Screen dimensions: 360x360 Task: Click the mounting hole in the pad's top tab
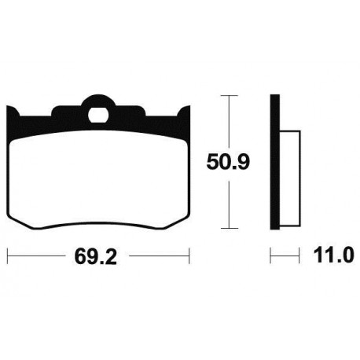[x=98, y=112]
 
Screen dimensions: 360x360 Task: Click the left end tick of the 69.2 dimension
[x=7, y=255]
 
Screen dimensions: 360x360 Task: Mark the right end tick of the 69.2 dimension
[x=189, y=255]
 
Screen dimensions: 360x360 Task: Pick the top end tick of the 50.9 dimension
[x=227, y=95]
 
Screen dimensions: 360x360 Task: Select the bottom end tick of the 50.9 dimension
[x=227, y=231]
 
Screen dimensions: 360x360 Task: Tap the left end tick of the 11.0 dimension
[x=271, y=255]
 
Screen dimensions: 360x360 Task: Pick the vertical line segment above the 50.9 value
[x=227, y=122]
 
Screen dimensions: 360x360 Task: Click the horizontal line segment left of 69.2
[x=39, y=255]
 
